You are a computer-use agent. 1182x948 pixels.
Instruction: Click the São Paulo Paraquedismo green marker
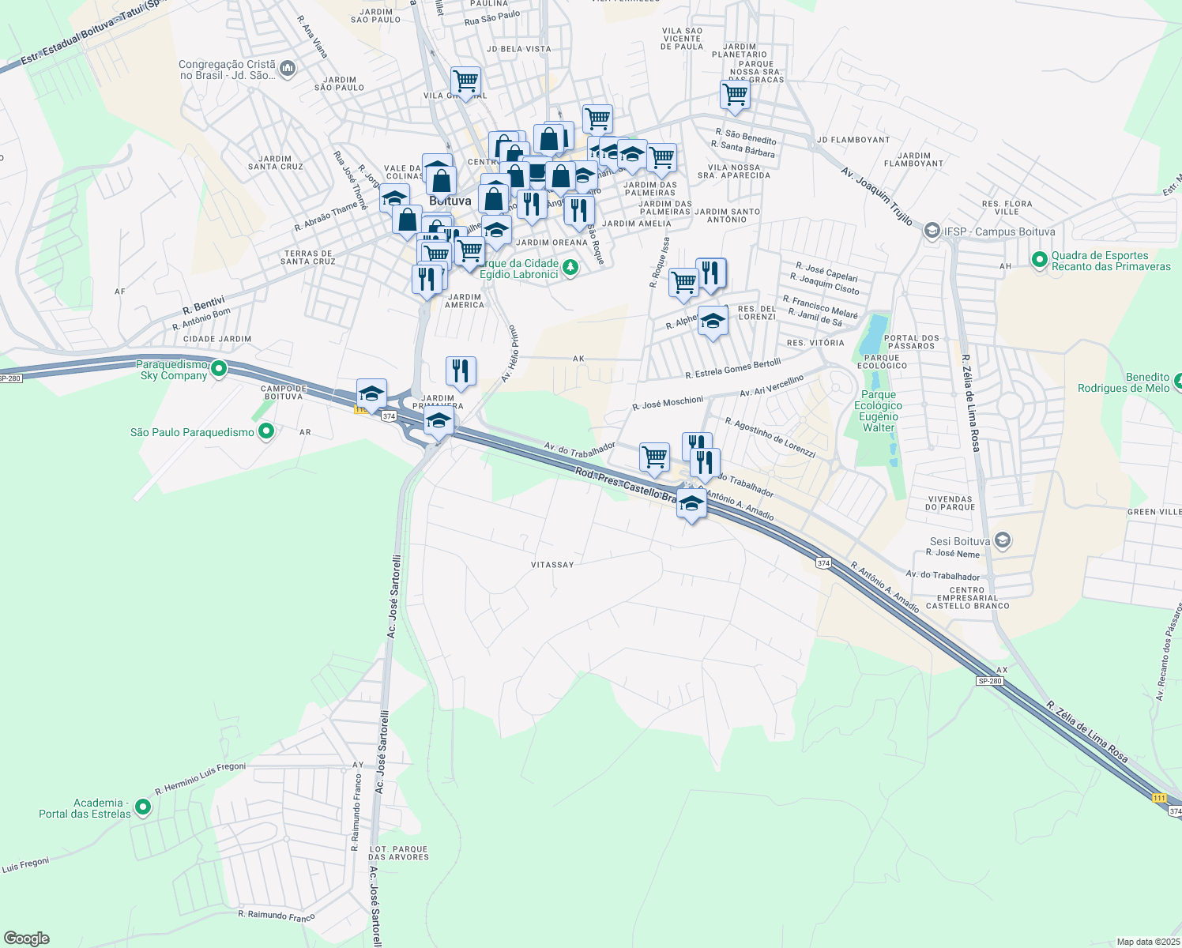click(x=266, y=431)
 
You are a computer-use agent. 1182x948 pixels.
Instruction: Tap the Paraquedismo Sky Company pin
click(x=220, y=368)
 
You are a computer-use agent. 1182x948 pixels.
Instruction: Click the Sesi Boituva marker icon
click(x=1003, y=541)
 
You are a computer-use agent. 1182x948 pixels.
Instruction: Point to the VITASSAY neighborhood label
click(x=552, y=565)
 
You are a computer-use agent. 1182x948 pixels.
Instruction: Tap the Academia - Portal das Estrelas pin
click(x=143, y=807)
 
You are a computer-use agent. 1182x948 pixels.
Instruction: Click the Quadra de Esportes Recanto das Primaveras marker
click(x=1040, y=259)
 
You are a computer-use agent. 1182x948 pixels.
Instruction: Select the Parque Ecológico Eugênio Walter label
click(x=879, y=411)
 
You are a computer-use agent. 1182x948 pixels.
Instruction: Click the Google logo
click(x=27, y=939)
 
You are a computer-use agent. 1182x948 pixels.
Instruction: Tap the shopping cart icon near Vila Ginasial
click(x=465, y=81)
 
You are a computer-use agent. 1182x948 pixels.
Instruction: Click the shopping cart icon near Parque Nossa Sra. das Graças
click(x=735, y=94)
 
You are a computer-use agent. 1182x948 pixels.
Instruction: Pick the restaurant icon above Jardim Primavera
click(x=460, y=371)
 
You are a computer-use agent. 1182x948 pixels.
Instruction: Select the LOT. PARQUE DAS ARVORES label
click(x=399, y=853)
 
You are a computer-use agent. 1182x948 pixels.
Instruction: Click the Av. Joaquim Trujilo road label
click(x=876, y=195)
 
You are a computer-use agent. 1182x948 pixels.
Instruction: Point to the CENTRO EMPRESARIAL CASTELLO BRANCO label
click(x=967, y=598)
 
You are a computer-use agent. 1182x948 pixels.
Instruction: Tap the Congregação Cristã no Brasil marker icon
click(x=287, y=69)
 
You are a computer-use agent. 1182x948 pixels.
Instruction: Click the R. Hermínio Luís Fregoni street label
click(x=201, y=778)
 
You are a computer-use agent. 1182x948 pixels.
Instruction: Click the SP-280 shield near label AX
click(x=989, y=681)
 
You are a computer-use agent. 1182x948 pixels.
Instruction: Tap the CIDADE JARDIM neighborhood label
click(x=217, y=339)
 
